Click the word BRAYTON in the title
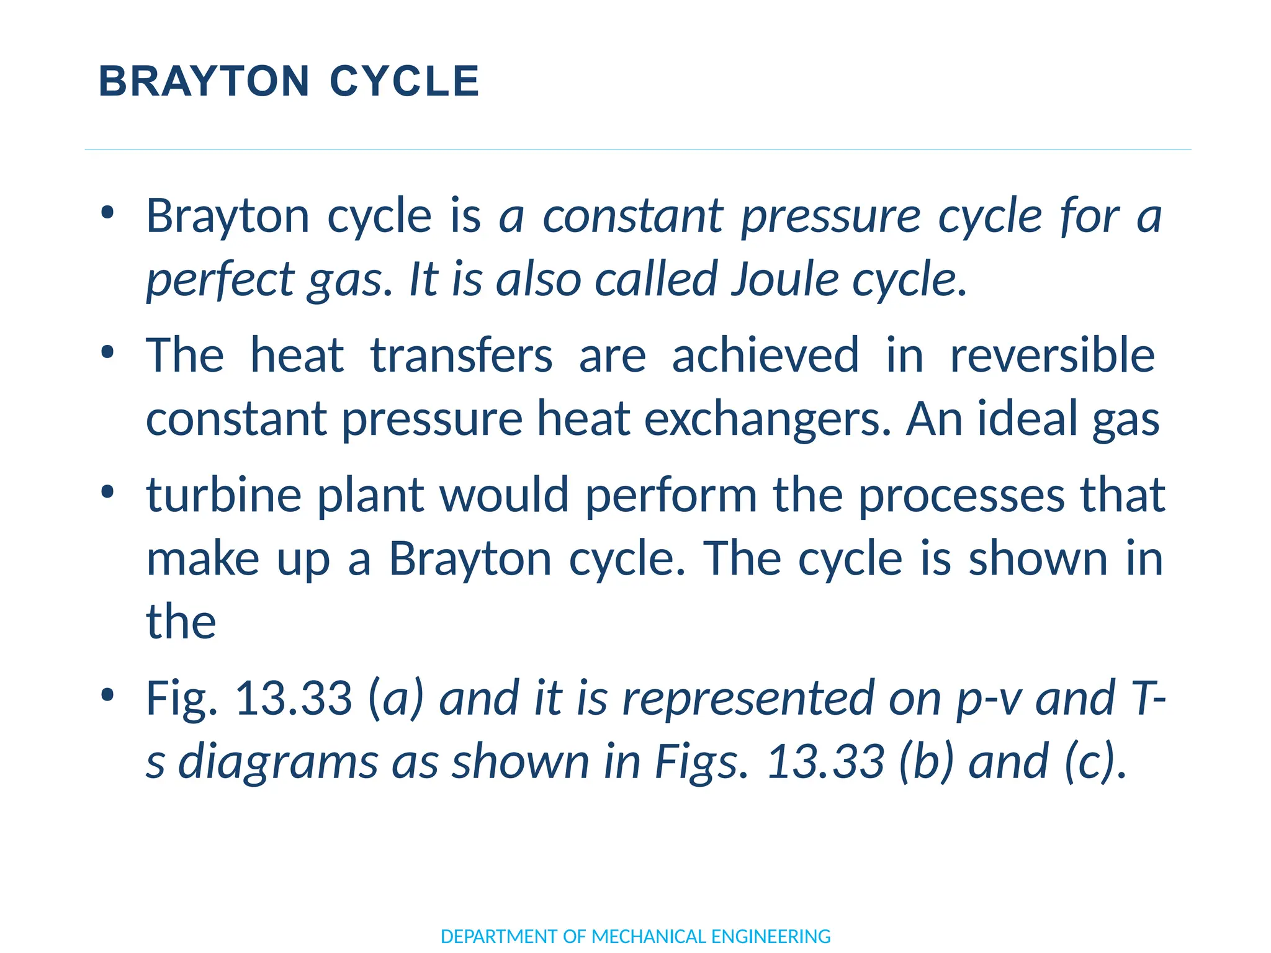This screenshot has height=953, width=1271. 204,81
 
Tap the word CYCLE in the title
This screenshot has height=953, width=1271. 405,81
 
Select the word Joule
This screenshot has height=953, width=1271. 785,279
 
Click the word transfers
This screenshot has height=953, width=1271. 461,356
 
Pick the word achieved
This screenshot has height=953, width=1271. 765,356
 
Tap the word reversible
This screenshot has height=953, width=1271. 1053,356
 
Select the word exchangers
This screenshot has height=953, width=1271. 768,420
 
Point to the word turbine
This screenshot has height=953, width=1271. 223,495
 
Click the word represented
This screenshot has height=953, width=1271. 748,699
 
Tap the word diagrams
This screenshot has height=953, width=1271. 278,763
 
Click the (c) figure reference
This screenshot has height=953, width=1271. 1091,761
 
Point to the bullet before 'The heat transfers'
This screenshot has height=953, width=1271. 107,352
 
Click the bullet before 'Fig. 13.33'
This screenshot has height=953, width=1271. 107,695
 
